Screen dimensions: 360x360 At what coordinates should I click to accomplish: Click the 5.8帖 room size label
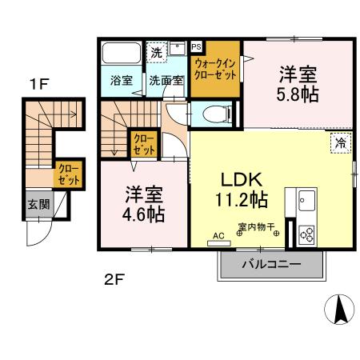(298, 94)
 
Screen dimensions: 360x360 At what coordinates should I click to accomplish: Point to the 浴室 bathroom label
(121, 80)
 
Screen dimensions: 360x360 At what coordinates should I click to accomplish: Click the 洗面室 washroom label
(166, 80)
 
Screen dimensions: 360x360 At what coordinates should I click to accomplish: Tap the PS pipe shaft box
(196, 47)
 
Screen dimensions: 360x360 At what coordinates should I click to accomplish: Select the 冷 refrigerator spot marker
(340, 143)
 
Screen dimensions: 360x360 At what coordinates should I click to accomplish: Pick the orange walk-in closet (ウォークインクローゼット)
(214, 68)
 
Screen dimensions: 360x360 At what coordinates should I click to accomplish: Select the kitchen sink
(306, 200)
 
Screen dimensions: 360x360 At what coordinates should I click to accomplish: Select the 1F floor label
(38, 84)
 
